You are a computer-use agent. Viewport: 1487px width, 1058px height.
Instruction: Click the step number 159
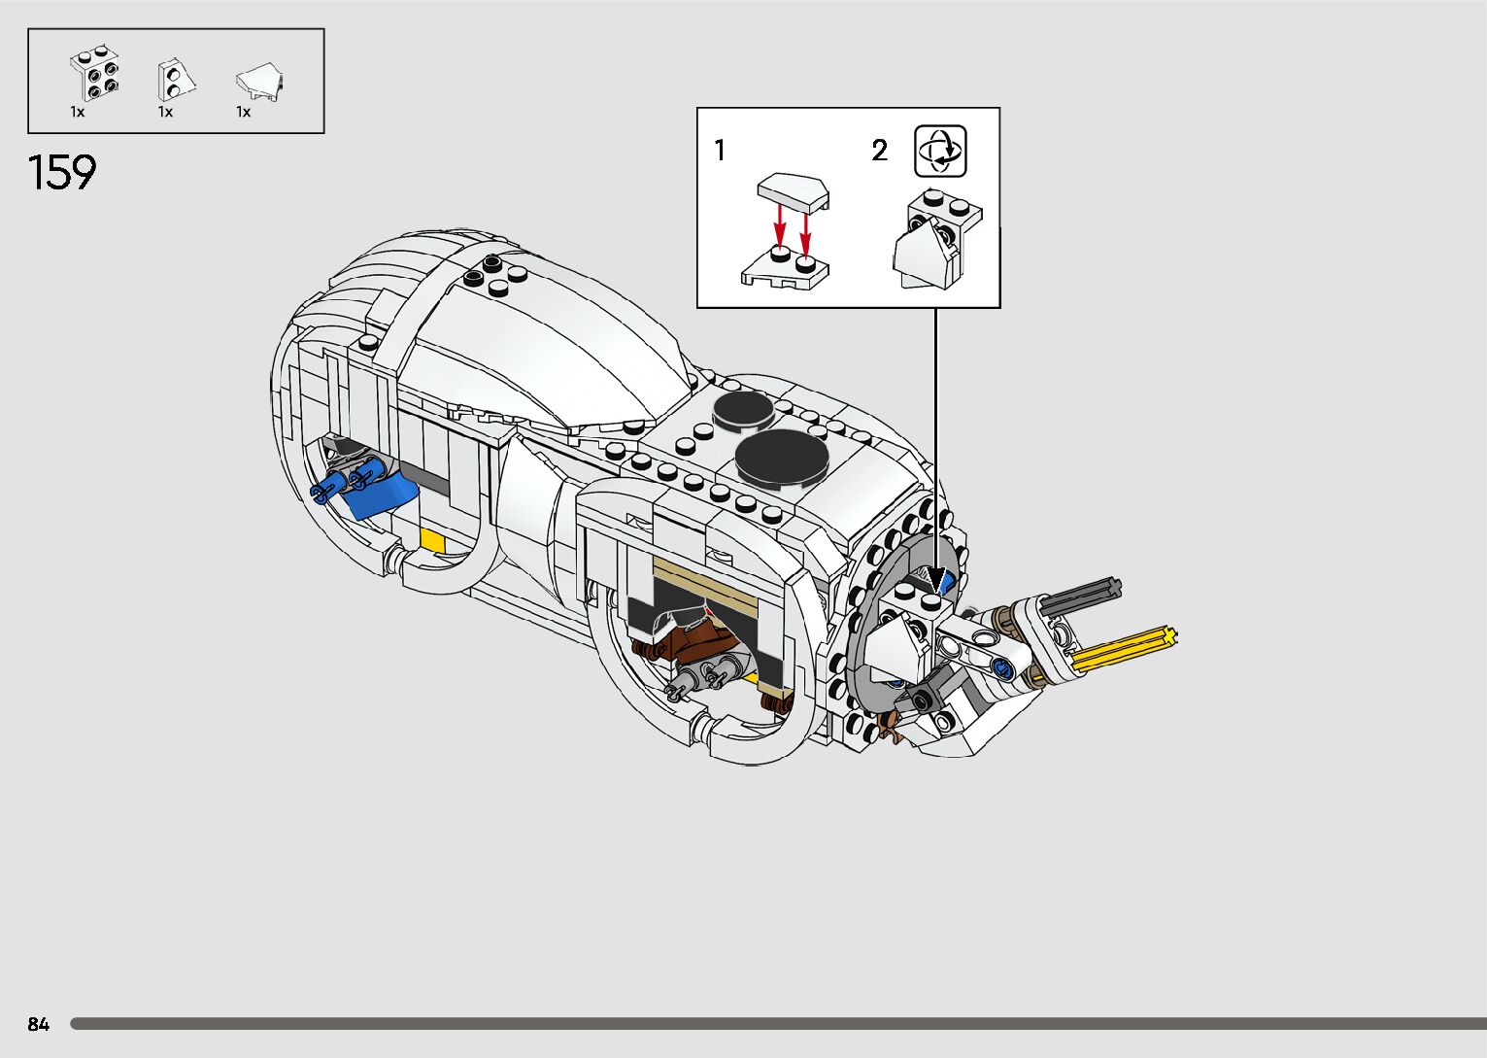[x=63, y=174]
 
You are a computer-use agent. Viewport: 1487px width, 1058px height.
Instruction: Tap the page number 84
[x=38, y=1024]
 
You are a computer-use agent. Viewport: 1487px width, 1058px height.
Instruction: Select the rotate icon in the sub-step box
[x=940, y=152]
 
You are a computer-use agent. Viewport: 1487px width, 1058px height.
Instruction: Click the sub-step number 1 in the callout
[x=720, y=152]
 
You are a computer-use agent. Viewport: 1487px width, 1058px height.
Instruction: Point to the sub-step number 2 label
[x=879, y=152]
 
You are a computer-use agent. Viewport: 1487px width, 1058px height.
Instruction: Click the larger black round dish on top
[x=781, y=457]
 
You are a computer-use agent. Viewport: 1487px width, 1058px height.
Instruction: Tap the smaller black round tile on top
[x=744, y=410]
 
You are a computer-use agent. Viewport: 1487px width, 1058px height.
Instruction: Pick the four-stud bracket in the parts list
[x=95, y=74]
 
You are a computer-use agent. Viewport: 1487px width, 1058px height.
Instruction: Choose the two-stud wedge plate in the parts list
[x=175, y=79]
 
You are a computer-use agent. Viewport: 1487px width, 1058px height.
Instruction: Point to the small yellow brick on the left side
[x=431, y=540]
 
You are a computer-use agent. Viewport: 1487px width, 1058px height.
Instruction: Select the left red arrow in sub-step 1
[x=778, y=230]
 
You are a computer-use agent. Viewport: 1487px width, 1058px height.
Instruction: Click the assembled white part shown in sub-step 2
[x=932, y=243]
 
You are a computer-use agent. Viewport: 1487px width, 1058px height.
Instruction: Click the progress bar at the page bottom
[x=777, y=1024]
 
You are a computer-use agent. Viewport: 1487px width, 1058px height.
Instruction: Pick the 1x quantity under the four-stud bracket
[x=78, y=113]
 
